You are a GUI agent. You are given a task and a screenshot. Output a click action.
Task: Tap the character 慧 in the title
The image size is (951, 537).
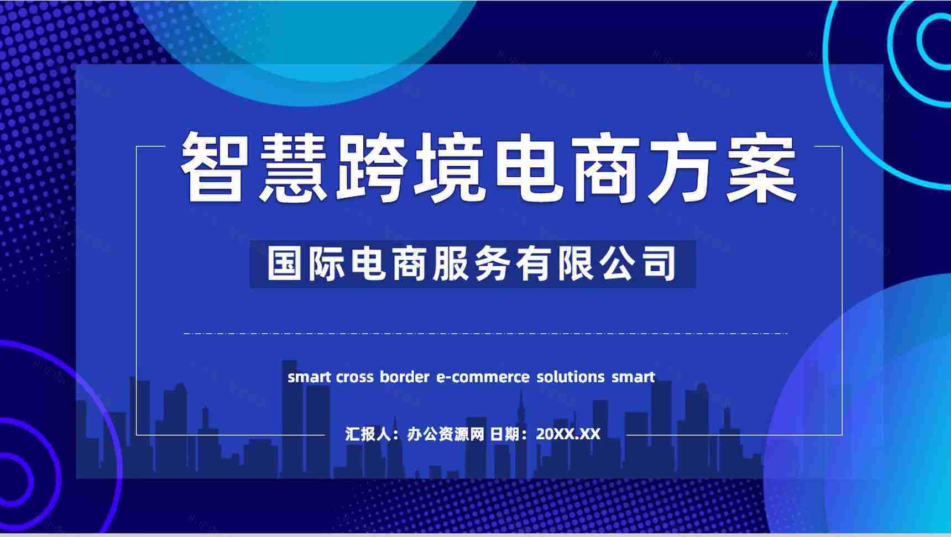(x=292, y=167)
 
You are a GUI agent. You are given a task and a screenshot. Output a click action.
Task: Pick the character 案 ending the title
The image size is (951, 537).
(x=761, y=167)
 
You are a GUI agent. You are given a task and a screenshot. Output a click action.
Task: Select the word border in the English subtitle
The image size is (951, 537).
(x=404, y=377)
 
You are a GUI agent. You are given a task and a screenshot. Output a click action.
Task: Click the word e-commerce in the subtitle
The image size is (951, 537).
(x=483, y=377)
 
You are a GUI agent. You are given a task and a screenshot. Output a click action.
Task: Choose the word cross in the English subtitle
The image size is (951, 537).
(x=354, y=377)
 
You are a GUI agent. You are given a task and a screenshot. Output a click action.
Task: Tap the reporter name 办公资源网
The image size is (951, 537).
(x=446, y=434)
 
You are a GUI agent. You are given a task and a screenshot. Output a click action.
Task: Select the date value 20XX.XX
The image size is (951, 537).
(x=568, y=434)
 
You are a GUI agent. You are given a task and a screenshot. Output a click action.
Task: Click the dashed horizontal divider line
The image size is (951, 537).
(x=485, y=334)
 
